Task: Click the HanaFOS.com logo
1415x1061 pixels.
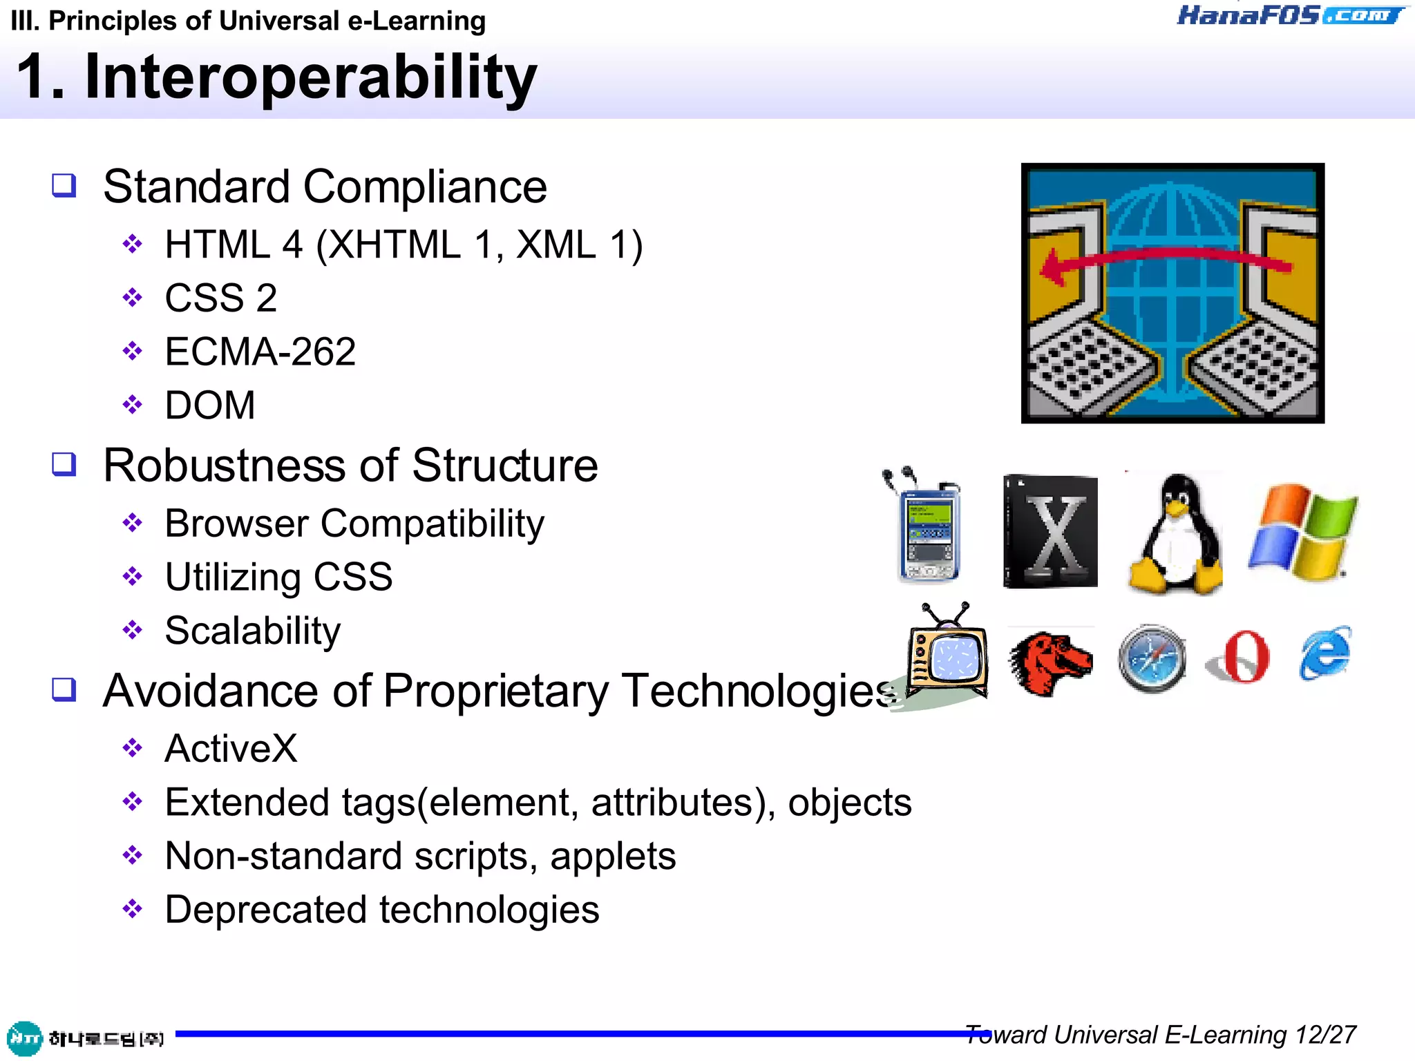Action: (1289, 15)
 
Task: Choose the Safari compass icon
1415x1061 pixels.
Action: (1152, 658)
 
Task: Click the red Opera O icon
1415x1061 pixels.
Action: (1241, 657)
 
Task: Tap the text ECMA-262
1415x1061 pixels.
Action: (260, 352)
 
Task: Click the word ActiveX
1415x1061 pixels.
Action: (231, 749)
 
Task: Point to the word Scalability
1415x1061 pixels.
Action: (253, 631)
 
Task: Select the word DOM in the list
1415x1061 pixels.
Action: (210, 405)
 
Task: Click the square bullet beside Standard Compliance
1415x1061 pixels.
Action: (64, 185)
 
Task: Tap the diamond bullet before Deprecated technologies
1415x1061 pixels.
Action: (132, 909)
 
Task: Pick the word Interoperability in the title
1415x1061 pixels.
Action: (310, 77)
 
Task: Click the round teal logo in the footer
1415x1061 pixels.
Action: (24, 1038)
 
